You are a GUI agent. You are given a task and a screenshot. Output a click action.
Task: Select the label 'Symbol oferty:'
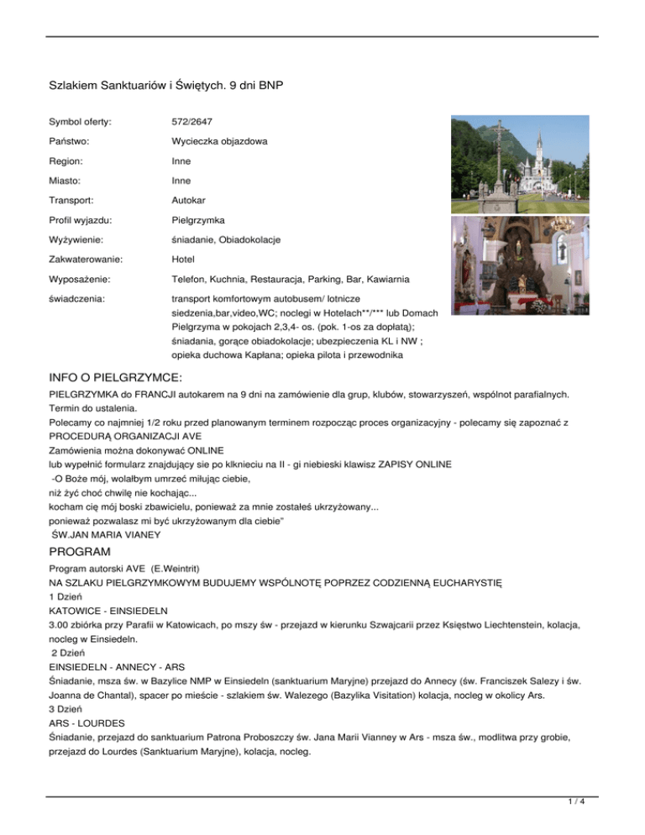(81, 123)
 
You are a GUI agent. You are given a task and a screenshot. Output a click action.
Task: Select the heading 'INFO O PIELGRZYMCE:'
(116, 377)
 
